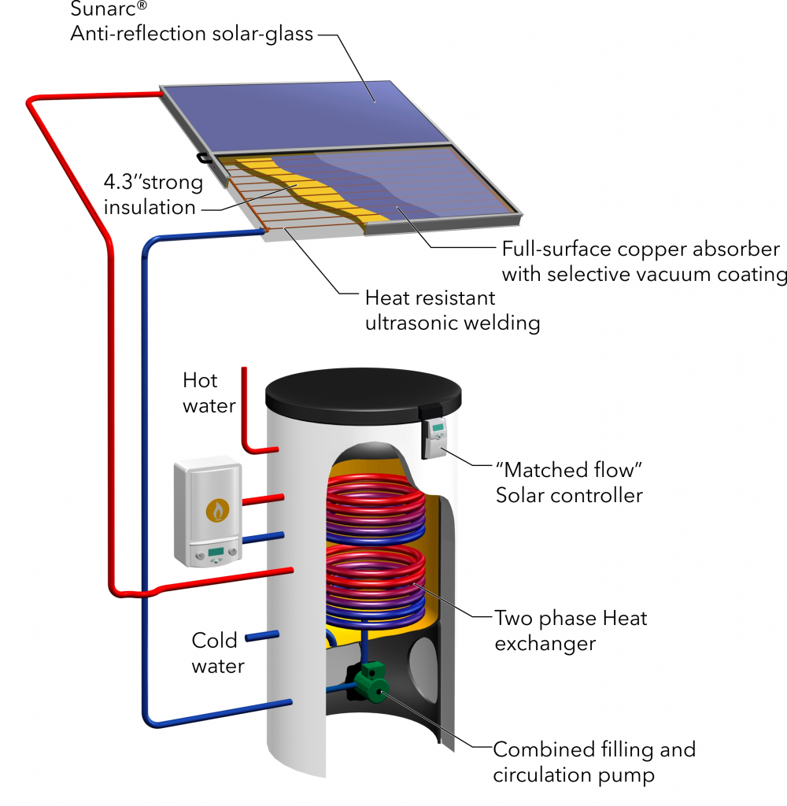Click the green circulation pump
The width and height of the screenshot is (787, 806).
pos(373,682)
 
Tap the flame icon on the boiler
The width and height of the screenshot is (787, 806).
pos(217,510)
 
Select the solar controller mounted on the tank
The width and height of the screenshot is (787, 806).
pos(435,437)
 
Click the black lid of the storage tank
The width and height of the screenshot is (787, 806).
pos(363,396)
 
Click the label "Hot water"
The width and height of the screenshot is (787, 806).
pos(209,394)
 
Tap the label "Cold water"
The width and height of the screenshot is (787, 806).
pos(217,653)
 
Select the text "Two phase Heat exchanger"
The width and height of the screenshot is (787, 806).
pos(571,630)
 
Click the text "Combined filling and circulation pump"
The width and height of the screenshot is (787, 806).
pos(593,762)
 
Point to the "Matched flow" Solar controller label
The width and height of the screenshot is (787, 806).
pos(569,482)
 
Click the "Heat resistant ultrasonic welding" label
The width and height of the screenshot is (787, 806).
pos(453,310)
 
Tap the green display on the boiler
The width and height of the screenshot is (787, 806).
pos(216,552)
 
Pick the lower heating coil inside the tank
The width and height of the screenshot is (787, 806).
pos(375,583)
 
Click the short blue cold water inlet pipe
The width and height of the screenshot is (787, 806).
pos(262,636)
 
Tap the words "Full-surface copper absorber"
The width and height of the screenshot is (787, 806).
pos(641,249)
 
